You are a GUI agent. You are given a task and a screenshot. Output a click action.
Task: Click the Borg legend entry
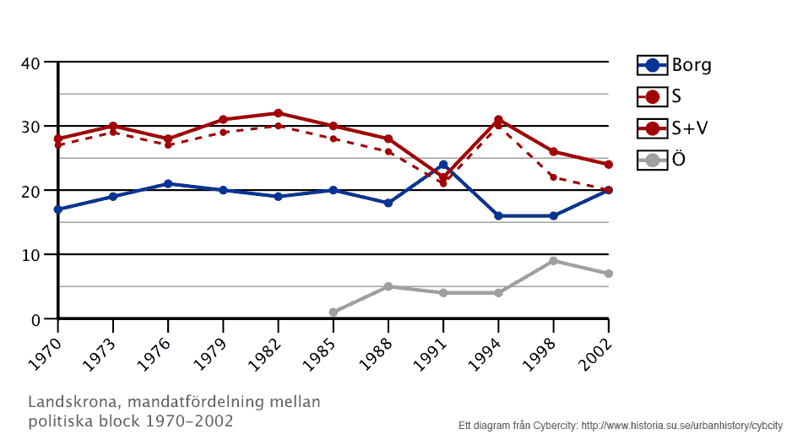coord(675,65)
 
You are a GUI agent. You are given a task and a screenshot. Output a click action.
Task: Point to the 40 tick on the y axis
coord(30,62)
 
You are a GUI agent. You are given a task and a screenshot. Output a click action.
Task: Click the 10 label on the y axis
coord(30,255)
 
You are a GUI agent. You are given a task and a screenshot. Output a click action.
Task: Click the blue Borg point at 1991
coord(443,165)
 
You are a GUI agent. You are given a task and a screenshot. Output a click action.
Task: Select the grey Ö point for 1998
coord(553,261)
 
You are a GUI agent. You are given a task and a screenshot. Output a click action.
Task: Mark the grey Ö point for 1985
coord(334,312)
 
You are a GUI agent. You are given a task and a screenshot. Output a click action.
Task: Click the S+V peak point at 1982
coord(278,113)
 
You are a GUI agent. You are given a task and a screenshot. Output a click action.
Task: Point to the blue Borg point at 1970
coord(57,209)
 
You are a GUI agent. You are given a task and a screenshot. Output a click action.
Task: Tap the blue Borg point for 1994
coord(498,216)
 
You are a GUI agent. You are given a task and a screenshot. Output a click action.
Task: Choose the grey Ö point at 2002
coord(608,274)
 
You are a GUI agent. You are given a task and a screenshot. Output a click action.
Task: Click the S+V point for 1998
coord(553,152)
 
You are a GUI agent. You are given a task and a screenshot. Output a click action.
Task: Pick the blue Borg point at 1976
coord(168,183)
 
